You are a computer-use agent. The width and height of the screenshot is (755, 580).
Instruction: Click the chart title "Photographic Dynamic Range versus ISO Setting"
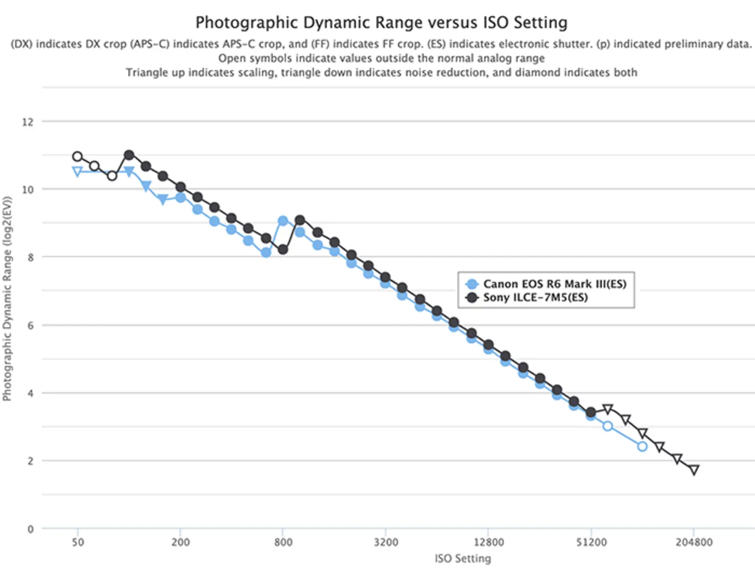[381, 23]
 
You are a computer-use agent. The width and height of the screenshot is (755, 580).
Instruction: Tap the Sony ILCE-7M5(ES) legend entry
[535, 297]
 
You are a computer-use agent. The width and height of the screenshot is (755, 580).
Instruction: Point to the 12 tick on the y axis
[28, 122]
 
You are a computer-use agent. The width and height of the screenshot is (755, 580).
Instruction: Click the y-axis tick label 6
[31, 325]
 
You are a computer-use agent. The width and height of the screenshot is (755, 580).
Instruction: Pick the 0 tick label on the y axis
[31, 529]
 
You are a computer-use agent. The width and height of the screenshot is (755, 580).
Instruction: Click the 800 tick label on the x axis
[283, 542]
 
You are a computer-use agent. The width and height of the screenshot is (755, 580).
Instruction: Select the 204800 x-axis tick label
[693, 542]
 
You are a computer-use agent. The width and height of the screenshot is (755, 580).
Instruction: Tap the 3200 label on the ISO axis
[385, 542]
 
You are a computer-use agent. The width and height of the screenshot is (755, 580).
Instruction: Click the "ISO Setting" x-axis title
[463, 558]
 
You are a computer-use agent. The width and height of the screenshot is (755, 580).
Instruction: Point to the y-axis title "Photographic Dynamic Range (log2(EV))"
[7, 299]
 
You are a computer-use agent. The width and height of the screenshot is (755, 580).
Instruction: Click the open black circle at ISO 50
[77, 157]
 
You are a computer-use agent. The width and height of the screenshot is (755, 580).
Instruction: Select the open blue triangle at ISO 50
[77, 171]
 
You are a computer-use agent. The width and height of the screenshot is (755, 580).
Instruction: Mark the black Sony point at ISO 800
[283, 249]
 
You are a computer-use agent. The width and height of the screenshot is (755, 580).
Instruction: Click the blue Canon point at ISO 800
[283, 221]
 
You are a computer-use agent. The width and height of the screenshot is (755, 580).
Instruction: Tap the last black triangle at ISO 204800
[694, 470]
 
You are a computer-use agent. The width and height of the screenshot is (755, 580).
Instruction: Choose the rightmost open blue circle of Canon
[642, 446]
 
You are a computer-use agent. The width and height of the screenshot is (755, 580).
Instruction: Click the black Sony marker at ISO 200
[181, 187]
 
